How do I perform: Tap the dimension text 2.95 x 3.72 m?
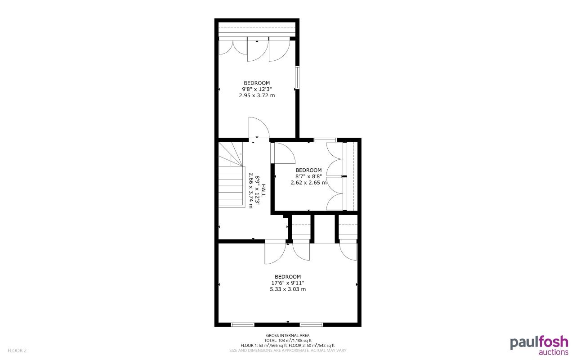click(x=257, y=95)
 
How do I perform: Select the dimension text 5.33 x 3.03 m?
click(x=288, y=289)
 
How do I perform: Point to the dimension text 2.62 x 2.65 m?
click(x=308, y=183)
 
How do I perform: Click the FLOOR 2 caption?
click(x=17, y=351)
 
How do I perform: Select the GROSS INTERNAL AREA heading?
click(x=288, y=335)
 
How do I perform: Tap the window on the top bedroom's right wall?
click(x=297, y=77)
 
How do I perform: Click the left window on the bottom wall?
click(x=242, y=324)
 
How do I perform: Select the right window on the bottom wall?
click(x=311, y=324)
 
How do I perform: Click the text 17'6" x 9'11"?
click(x=288, y=283)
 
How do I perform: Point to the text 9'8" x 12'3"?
click(x=257, y=89)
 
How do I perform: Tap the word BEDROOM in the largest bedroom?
click(x=288, y=277)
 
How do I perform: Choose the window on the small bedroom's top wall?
click(x=325, y=139)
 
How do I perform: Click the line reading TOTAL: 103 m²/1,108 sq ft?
click(x=288, y=341)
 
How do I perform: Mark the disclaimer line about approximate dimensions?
click(x=288, y=351)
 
